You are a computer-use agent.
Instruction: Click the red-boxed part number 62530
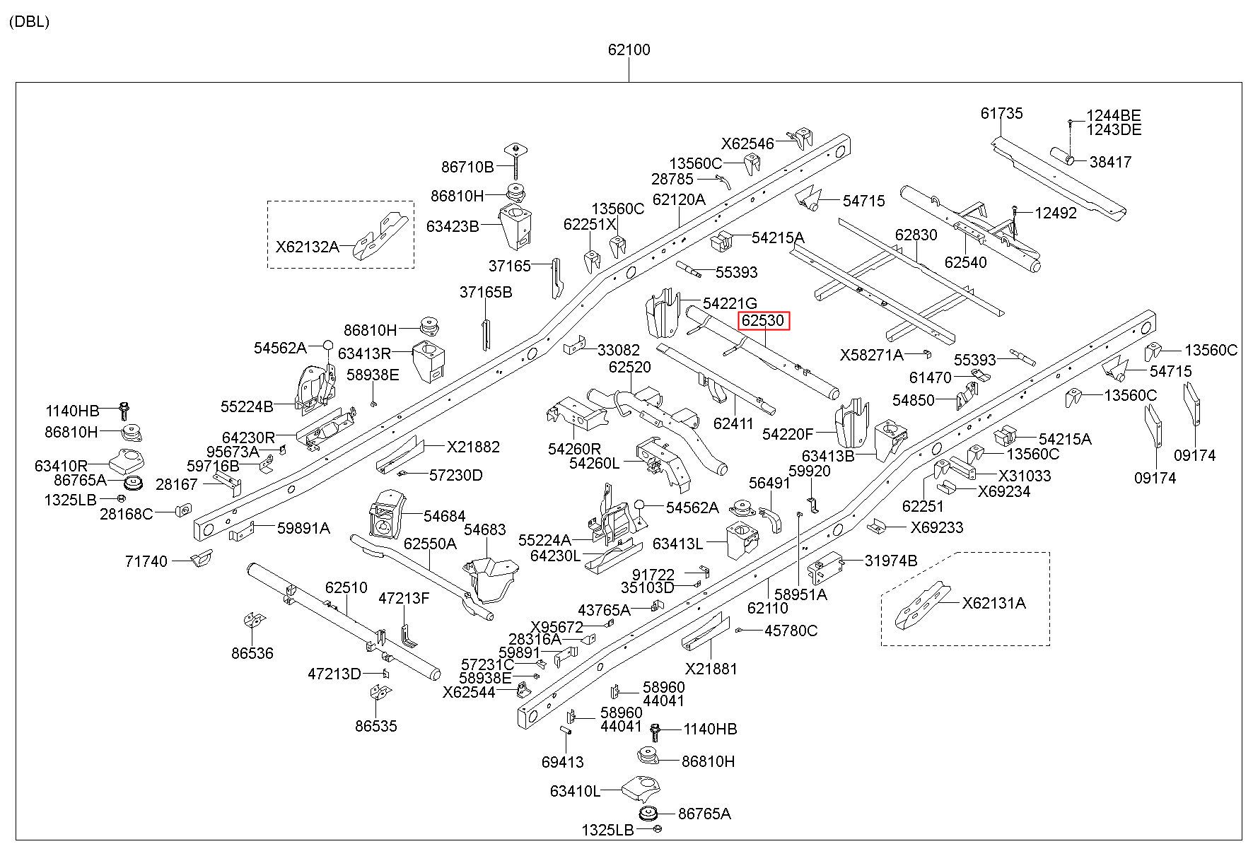pyautogui.click(x=763, y=321)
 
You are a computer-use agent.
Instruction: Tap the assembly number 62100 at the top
pyautogui.click(x=629, y=50)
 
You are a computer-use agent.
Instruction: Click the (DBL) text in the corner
pyautogui.click(x=29, y=22)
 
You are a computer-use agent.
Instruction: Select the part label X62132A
pyautogui.click(x=307, y=247)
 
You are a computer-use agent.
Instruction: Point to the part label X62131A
pyautogui.click(x=993, y=603)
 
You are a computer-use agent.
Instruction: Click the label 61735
pyautogui.click(x=1001, y=114)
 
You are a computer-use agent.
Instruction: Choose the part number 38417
pyautogui.click(x=1110, y=162)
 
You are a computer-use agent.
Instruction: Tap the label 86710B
pyautogui.click(x=467, y=168)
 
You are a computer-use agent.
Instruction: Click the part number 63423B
pyautogui.click(x=453, y=226)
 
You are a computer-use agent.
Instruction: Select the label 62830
pyautogui.click(x=916, y=235)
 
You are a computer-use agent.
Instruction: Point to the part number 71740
pyautogui.click(x=146, y=561)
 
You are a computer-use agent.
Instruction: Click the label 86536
pyautogui.click(x=252, y=653)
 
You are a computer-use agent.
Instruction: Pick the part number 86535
pyautogui.click(x=376, y=726)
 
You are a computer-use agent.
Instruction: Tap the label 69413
pyautogui.click(x=563, y=762)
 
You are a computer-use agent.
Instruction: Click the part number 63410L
pyautogui.click(x=575, y=791)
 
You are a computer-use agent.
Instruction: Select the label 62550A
pyautogui.click(x=430, y=544)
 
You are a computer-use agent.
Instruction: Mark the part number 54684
pyautogui.click(x=445, y=517)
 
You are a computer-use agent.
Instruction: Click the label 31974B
pyautogui.click(x=891, y=561)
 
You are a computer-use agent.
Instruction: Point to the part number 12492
pyautogui.click(x=1056, y=213)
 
